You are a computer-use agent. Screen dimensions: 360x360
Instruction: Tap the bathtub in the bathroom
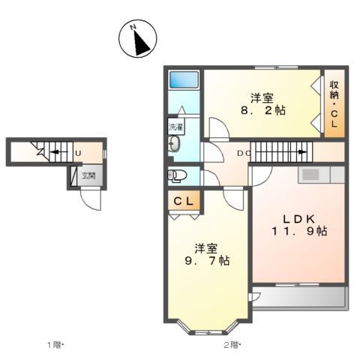pyautogui.click(x=184, y=79)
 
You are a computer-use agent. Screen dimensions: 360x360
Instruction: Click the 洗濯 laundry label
pyautogui.click(x=175, y=127)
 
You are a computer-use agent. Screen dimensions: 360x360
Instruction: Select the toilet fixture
pyautogui.click(x=176, y=176)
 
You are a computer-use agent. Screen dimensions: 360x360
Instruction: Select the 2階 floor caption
pyautogui.click(x=232, y=345)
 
